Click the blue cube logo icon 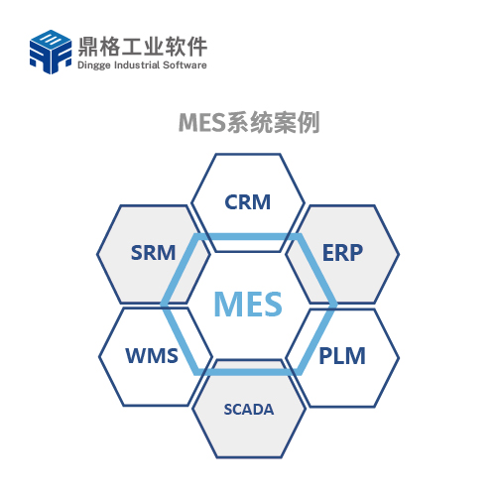point(51,52)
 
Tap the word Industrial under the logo point(137,64)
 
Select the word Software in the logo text point(185,64)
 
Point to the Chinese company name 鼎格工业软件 point(143,46)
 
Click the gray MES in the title point(202,122)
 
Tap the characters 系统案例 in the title point(273,122)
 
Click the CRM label point(248,202)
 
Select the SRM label point(153,253)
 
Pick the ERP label point(342,253)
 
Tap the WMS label point(152,356)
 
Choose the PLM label point(342,356)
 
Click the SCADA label point(249,410)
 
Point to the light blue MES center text point(248,304)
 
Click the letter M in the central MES point(229,304)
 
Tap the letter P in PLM point(325,356)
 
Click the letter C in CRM point(231,202)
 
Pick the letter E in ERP point(328,253)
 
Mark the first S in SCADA point(228,410)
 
